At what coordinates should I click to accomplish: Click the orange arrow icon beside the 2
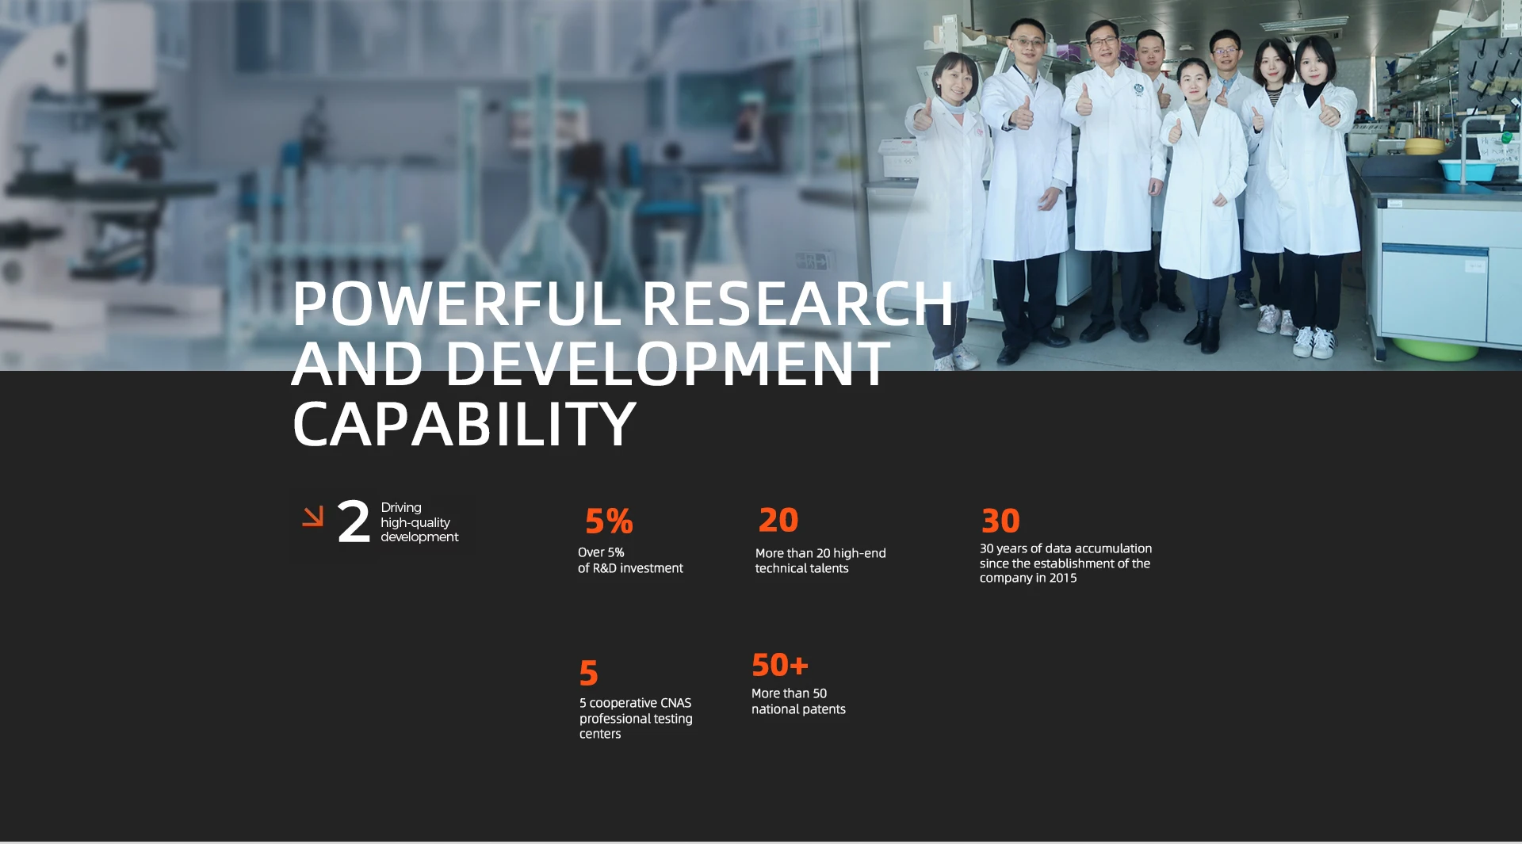pyautogui.click(x=313, y=517)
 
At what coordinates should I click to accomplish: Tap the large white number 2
pyautogui.click(x=354, y=522)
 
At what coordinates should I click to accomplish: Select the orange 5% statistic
pyautogui.click(x=609, y=521)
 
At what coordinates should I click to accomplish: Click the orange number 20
pyautogui.click(x=778, y=521)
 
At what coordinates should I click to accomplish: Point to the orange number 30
pyautogui.click(x=1000, y=521)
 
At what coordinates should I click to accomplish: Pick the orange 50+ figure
pyautogui.click(x=780, y=666)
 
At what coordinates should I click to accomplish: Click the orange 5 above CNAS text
pyautogui.click(x=588, y=674)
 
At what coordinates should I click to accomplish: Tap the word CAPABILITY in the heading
pyautogui.click(x=465, y=424)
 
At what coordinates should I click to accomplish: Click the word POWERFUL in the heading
pyautogui.click(x=457, y=304)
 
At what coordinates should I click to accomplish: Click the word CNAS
pyautogui.click(x=675, y=703)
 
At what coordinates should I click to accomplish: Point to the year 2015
pyautogui.click(x=1063, y=578)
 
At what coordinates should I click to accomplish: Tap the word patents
pyautogui.click(x=824, y=709)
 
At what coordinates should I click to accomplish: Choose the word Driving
pyautogui.click(x=401, y=508)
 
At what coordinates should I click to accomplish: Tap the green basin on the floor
pyautogui.click(x=1435, y=349)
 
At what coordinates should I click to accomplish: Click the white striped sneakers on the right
pyautogui.click(x=1314, y=342)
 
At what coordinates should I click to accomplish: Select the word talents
pyautogui.click(x=828, y=568)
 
